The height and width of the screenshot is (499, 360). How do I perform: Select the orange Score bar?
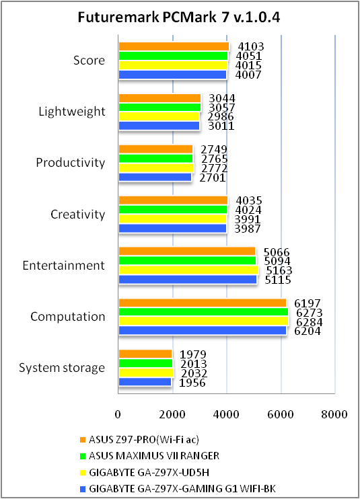[x=174, y=46]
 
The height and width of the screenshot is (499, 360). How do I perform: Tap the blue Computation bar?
[x=203, y=331]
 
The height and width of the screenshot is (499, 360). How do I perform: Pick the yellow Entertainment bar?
[x=188, y=270]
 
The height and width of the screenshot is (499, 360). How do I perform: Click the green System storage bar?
[x=145, y=363]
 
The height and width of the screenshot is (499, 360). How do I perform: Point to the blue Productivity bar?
[x=155, y=178]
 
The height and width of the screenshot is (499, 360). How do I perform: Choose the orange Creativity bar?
[x=173, y=200]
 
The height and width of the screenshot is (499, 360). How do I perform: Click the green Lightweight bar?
[x=159, y=107]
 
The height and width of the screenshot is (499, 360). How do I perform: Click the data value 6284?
[x=310, y=322]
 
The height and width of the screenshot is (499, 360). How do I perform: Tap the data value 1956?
[x=192, y=383]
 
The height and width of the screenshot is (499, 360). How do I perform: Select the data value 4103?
[x=251, y=47]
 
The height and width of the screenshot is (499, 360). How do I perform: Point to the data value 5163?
[x=279, y=270]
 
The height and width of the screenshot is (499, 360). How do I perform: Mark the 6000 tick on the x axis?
[x=281, y=414]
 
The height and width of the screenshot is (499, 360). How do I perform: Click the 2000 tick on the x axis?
[x=172, y=414]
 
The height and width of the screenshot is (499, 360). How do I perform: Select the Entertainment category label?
[x=64, y=266]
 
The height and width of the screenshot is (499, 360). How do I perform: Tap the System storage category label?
[x=62, y=368]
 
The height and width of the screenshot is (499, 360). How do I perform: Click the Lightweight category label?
[x=72, y=112]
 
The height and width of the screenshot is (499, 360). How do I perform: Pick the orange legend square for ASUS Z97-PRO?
[x=83, y=440]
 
